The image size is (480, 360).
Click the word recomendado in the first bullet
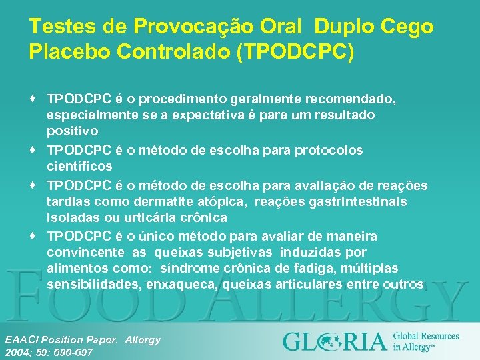[x=350, y=99]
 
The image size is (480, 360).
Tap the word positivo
[x=73, y=131]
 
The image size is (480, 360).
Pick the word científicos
[x=79, y=166]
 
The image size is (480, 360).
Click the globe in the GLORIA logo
[x=326, y=341]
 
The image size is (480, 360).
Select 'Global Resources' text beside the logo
[x=426, y=336]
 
